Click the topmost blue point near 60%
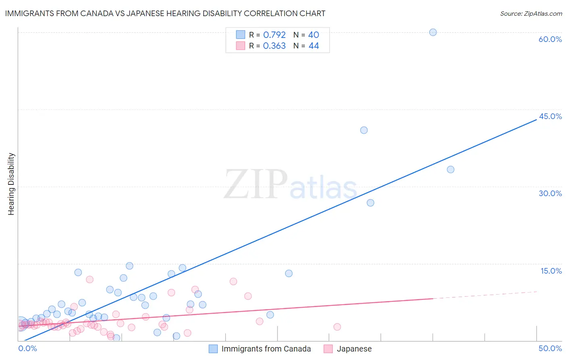point(433,32)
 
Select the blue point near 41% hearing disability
point(364,130)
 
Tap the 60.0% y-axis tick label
point(550,39)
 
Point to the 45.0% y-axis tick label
point(550,116)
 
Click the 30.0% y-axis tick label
point(550,193)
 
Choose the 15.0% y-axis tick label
point(551,271)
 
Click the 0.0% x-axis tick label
point(27,348)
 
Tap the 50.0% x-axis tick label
point(550,348)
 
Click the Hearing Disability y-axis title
point(11,184)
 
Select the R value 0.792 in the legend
point(274,35)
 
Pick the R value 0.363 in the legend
point(274,46)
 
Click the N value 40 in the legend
point(313,35)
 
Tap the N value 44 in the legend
point(313,46)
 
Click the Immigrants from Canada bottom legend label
point(266,349)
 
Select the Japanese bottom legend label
point(354,349)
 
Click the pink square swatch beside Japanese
point(328,349)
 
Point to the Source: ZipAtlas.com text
point(531,14)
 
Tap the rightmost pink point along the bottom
point(337,327)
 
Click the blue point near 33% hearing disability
point(450,170)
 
